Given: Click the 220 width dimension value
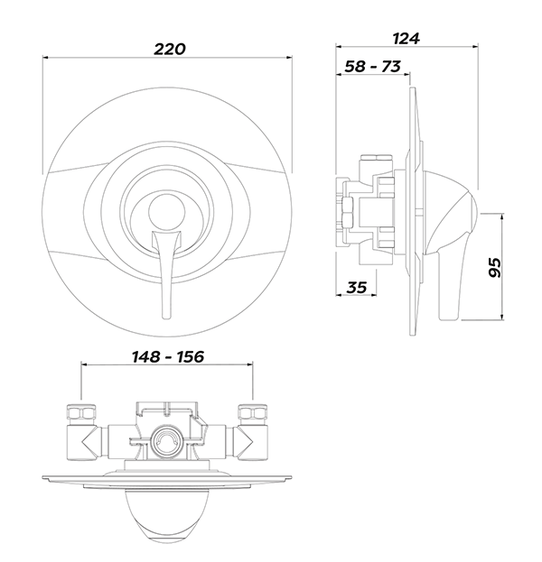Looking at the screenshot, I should coord(170,49).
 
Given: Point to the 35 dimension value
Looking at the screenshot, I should coord(357,288).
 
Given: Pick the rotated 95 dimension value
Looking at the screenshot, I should coord(493,267).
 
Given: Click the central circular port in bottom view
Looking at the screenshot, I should coord(166,441).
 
